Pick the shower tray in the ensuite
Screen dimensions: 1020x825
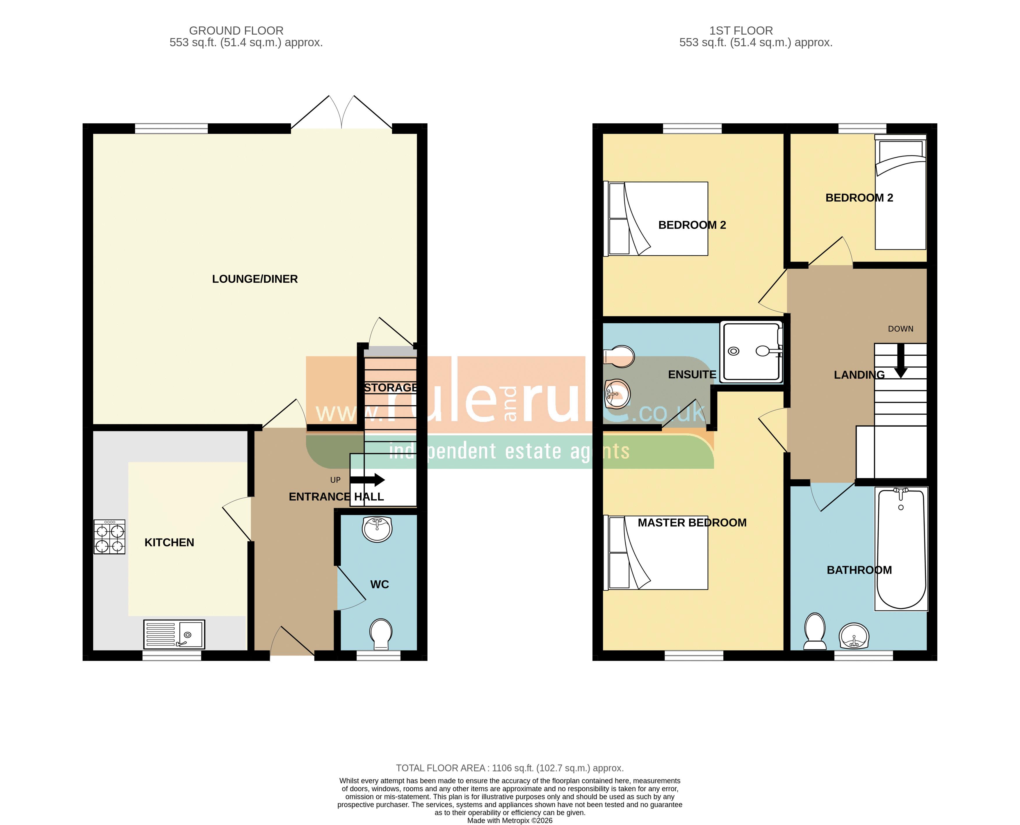pyautogui.click(x=751, y=352)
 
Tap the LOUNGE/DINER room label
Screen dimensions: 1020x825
pyautogui.click(x=255, y=279)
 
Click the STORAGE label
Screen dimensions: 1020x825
pyautogui.click(x=390, y=388)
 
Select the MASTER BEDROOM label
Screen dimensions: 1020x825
pyautogui.click(x=692, y=523)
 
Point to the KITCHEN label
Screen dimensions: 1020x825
pyautogui.click(x=169, y=543)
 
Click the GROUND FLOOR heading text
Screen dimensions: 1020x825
pyautogui.click(x=236, y=31)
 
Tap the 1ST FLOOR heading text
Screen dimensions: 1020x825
pyautogui.click(x=741, y=31)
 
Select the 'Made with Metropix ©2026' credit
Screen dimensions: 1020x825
pyautogui.click(x=510, y=820)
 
